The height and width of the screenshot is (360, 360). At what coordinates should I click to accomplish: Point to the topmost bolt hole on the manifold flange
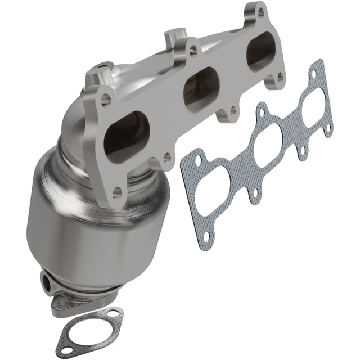259,10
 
